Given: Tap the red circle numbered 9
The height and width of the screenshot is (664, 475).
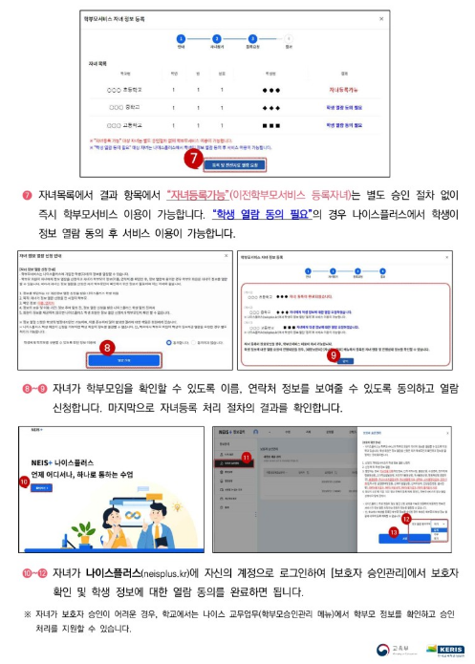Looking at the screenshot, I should [335, 355].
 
